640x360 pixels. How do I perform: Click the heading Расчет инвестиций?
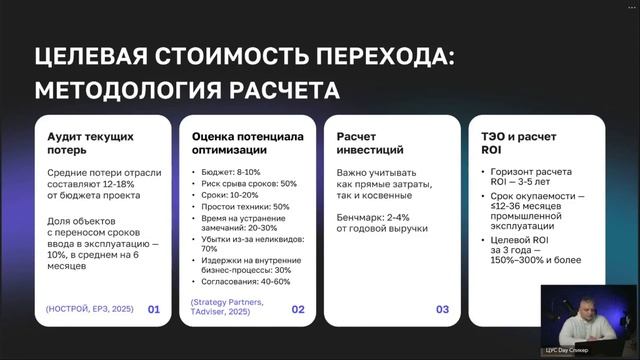pyautogui.click(x=370, y=143)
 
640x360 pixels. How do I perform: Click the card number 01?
pyautogui.click(x=154, y=310)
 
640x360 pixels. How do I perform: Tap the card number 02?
pyautogui.click(x=298, y=310)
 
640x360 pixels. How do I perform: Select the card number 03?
pyautogui.click(x=442, y=310)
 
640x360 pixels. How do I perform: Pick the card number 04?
pyautogui.click(x=586, y=310)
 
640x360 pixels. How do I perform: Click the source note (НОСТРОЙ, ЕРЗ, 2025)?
pyautogui.click(x=86, y=310)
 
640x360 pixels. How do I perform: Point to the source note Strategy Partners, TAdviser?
pyautogui.click(x=227, y=306)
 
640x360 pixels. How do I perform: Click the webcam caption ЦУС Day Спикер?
pyautogui.click(x=580, y=350)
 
